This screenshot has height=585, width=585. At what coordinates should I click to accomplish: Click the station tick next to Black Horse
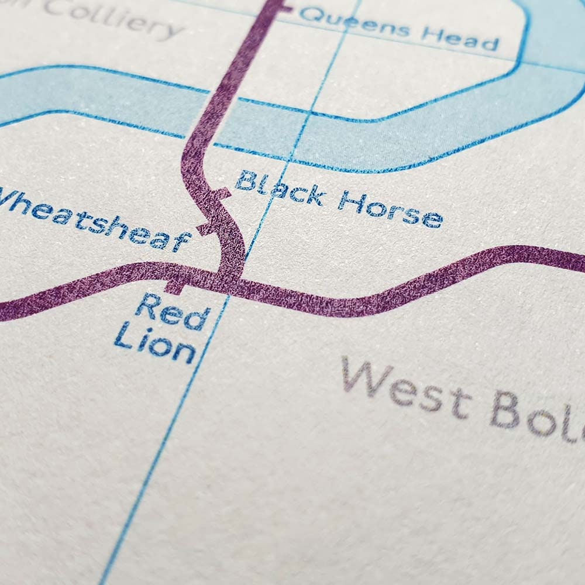(222, 194)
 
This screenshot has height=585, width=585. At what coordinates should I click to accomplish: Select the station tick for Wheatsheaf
(204, 229)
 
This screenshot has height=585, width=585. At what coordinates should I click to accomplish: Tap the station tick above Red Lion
(174, 286)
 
